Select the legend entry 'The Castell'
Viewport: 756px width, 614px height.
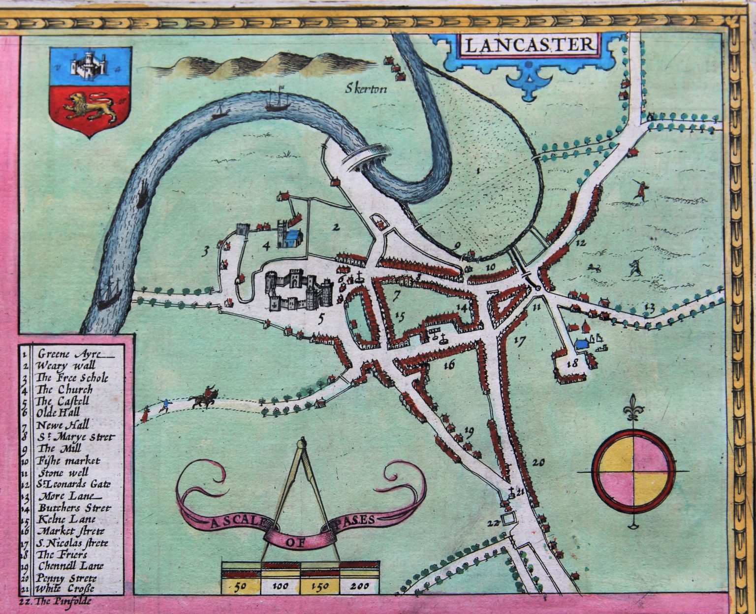(65, 401)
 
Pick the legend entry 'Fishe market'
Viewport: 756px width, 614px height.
(68, 461)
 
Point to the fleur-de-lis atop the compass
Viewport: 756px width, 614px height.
(632, 406)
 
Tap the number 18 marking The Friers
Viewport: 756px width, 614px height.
(572, 364)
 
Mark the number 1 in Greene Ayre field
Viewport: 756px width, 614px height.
(478, 171)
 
